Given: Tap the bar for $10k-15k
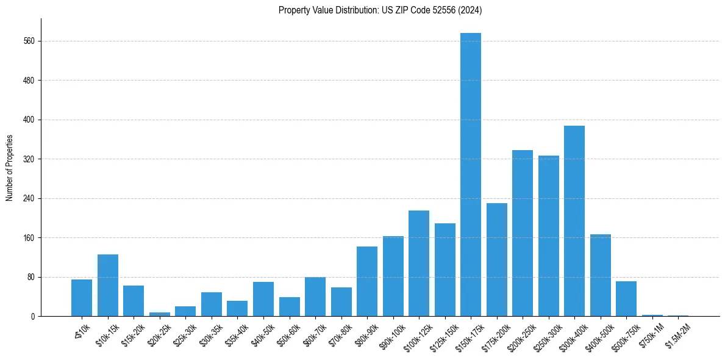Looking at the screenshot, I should click(108, 285).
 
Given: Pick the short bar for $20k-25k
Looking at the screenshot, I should click(160, 314).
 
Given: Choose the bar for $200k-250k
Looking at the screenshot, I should click(523, 233).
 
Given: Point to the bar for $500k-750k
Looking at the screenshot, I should click(626, 299).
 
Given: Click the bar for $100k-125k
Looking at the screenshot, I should click(419, 263).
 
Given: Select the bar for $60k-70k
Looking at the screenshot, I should click(315, 297).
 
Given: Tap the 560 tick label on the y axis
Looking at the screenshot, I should click(29, 41).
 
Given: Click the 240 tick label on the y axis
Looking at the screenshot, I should click(29, 198).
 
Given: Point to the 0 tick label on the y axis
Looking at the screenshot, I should click(34, 316).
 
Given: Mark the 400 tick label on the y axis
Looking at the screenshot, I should click(29, 120).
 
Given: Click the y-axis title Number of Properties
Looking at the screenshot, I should click(9, 168).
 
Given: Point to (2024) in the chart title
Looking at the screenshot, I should click(470, 10).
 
